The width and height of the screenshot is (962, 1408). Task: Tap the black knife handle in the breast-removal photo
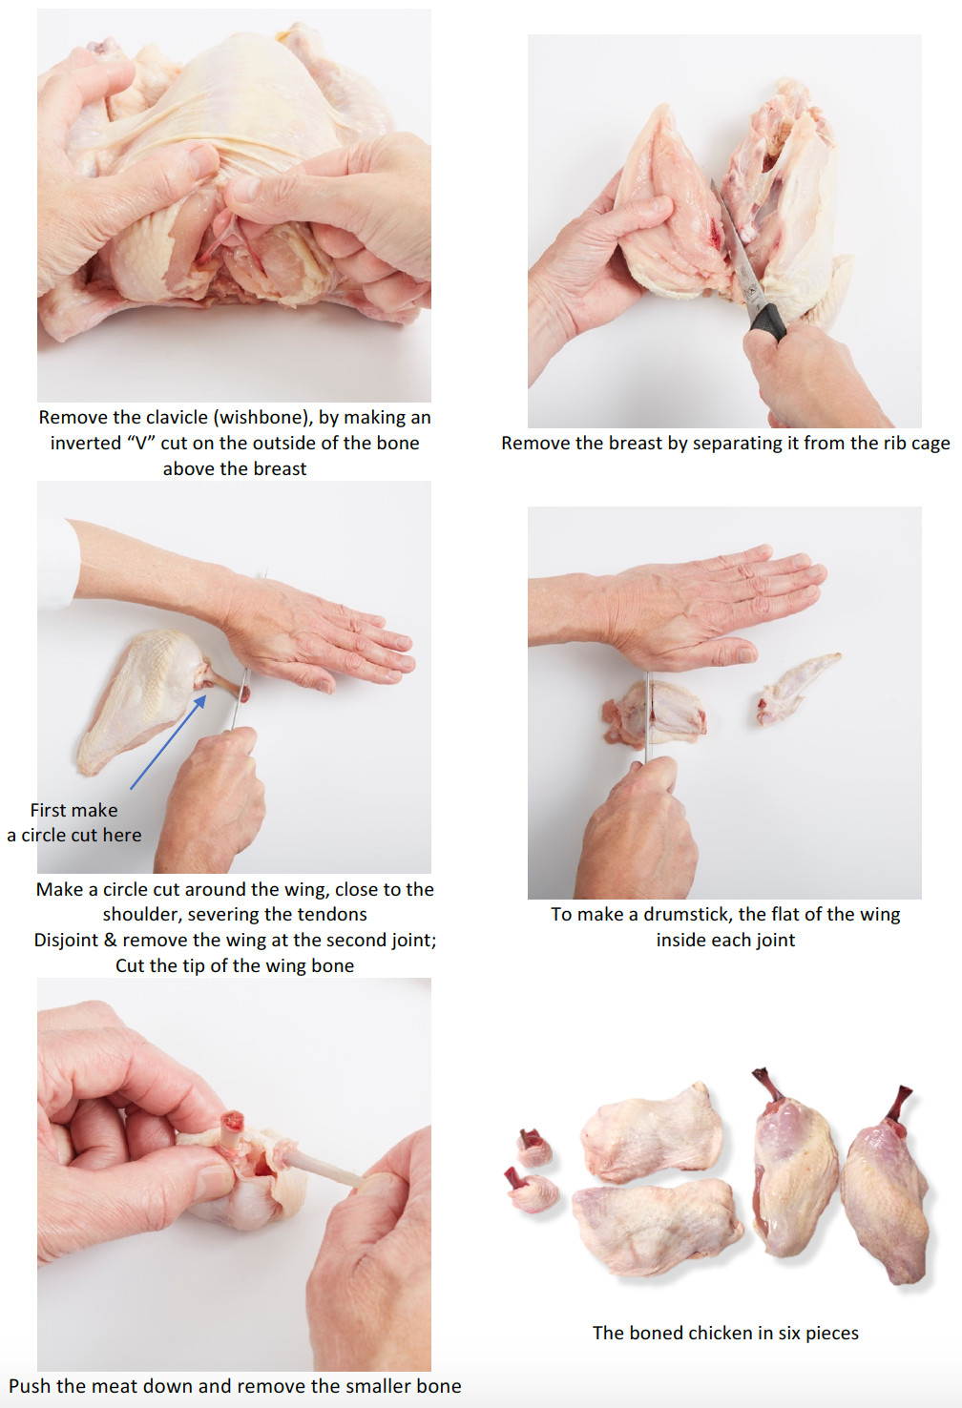click(x=768, y=321)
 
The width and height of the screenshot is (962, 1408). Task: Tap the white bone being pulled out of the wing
click(x=321, y=1167)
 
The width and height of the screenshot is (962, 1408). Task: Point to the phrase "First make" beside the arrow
click(x=73, y=810)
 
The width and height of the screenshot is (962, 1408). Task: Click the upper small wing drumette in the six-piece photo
click(x=533, y=1147)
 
